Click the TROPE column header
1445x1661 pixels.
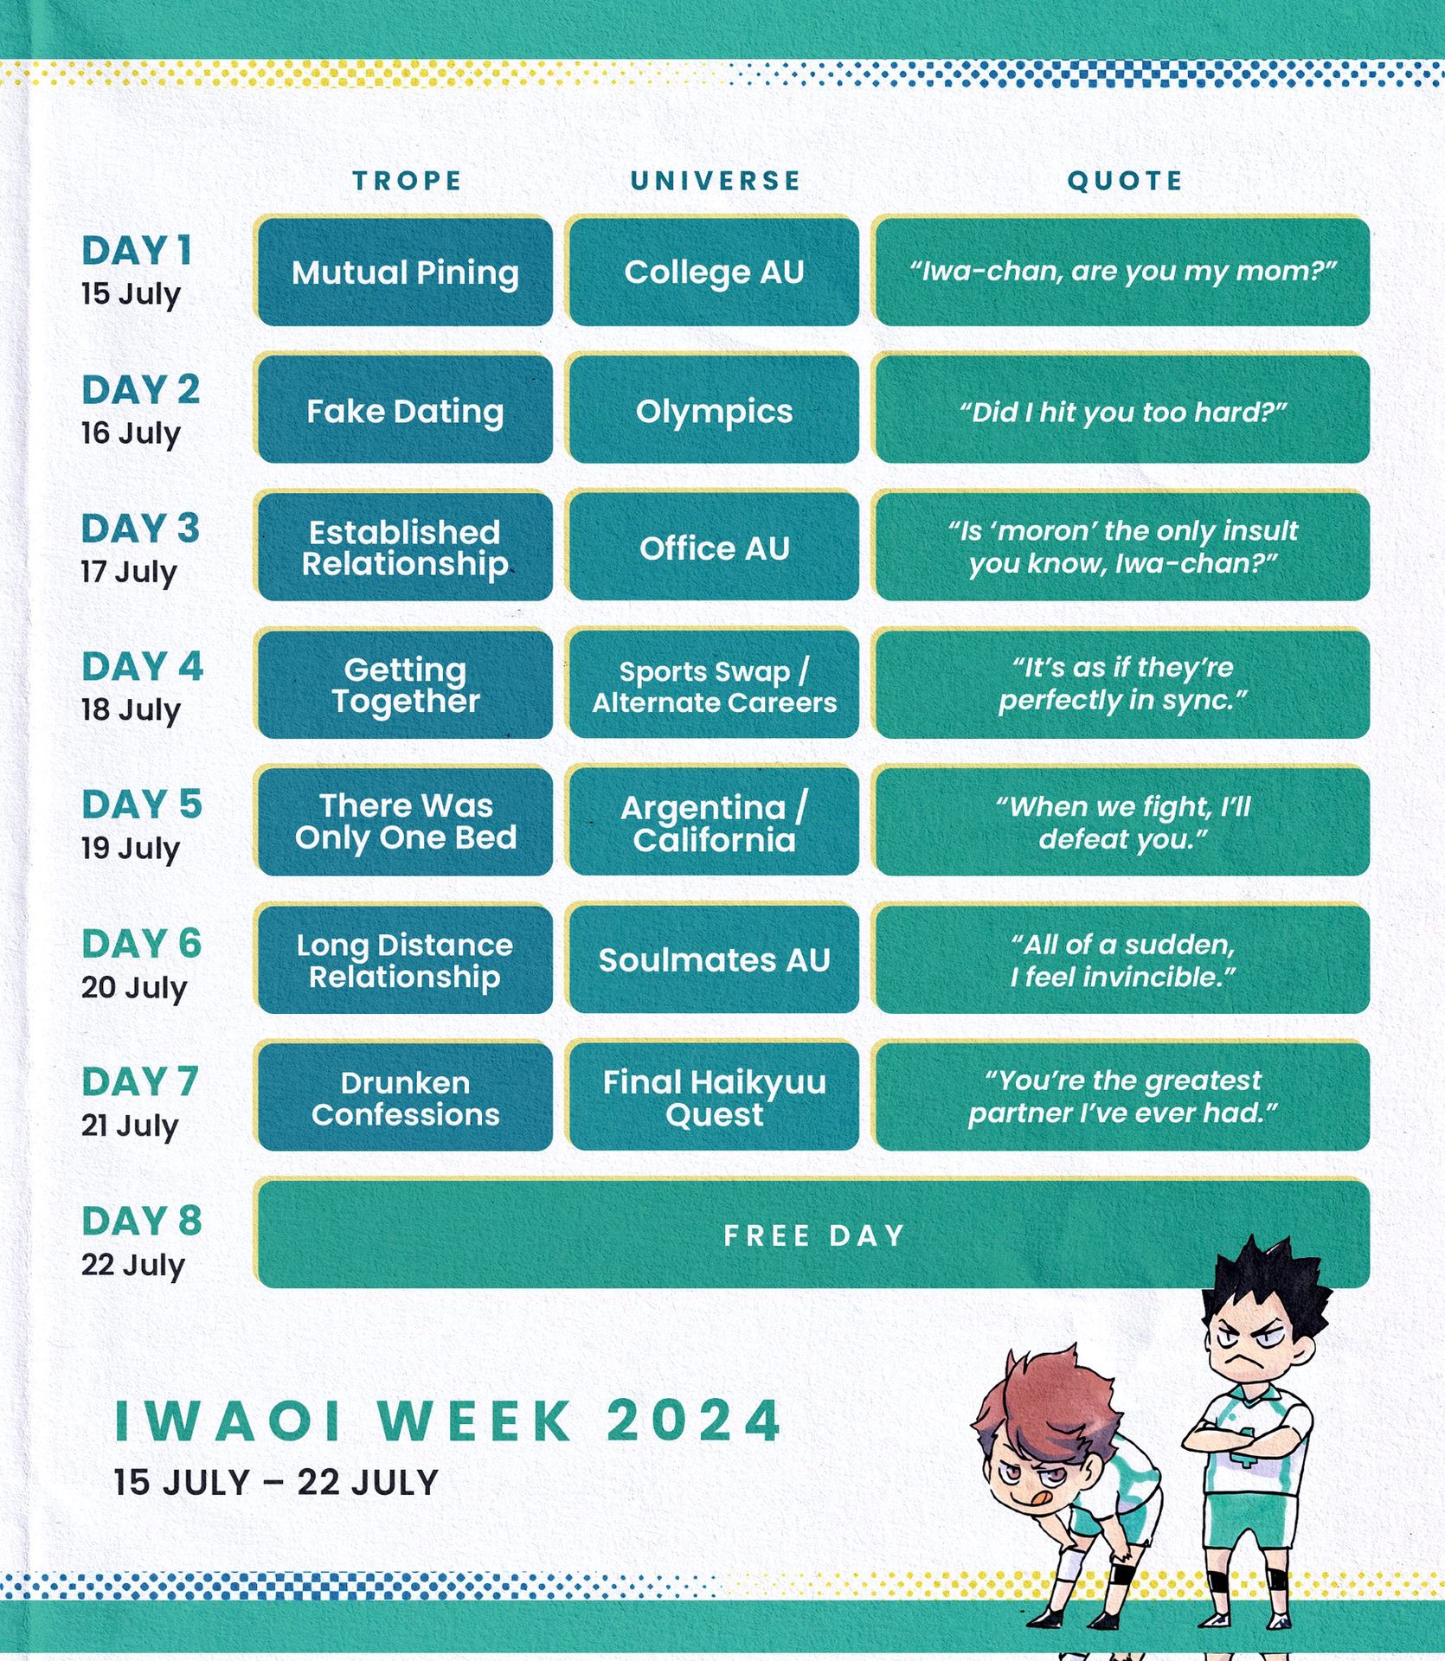coord(408,181)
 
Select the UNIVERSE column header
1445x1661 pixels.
coord(716,181)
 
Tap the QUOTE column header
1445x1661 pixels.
coord(1125,181)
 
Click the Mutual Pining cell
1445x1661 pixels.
coord(404,272)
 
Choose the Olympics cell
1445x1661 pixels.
coord(714,410)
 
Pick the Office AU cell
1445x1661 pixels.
coord(714,547)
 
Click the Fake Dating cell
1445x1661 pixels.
coord(404,410)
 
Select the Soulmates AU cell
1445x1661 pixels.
coord(714,959)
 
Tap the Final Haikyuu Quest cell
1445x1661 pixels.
coord(714,1097)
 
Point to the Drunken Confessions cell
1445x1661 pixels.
coord(404,1097)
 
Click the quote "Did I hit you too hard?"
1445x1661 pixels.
coord(1122,412)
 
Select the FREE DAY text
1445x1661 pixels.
coord(813,1235)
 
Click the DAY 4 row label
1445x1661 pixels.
coord(142,667)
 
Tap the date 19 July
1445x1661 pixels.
coord(131,849)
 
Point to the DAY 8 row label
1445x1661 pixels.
coord(142,1222)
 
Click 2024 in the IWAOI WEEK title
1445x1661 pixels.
coord(694,1421)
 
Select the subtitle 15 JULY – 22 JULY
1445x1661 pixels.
coord(276,1483)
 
